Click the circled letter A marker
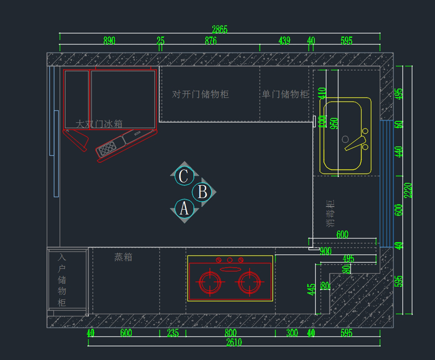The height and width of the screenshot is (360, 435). pos(184,209)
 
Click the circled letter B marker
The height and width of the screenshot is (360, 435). pos(202,192)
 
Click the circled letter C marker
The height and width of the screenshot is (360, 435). pos(184,176)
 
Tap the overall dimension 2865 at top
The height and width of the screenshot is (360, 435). pos(220,29)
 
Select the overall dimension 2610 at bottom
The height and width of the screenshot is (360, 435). pos(234,342)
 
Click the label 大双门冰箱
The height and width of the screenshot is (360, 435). pos(99,124)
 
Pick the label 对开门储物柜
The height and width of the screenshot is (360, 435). pos(200,95)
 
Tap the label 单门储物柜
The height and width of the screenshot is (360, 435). pos(285,95)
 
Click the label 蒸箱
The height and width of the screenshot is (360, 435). pos(123,257)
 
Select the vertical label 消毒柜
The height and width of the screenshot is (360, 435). pos(331,213)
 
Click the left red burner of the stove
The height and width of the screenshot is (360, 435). pos(209,282)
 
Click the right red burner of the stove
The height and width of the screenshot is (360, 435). pos(250,282)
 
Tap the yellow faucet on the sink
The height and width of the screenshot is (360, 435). pos(355,143)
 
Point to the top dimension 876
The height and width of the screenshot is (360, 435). pos(211,41)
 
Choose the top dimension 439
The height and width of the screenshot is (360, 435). pos(284,41)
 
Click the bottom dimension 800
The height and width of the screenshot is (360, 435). pos(230,333)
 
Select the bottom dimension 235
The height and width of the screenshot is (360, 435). pos(173,333)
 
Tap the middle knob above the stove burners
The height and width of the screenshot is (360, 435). pos(229,260)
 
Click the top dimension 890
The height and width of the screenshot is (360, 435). pos(109,41)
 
